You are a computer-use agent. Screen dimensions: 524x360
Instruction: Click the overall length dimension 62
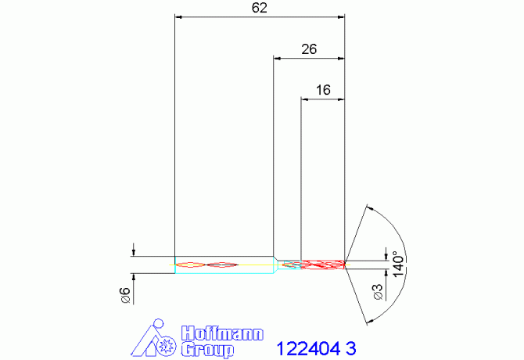(260, 8)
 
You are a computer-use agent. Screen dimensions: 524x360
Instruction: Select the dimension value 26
(309, 49)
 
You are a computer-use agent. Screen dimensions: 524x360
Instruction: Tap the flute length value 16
(323, 90)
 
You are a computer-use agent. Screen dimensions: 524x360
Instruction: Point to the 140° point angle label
(398, 264)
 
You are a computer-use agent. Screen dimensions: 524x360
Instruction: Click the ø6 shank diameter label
(125, 295)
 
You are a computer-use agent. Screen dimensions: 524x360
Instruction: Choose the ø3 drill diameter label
(378, 292)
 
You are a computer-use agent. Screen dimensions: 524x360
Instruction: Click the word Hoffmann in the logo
(222, 333)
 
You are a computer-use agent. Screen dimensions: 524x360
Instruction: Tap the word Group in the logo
(207, 349)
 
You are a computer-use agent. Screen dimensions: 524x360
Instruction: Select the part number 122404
(308, 348)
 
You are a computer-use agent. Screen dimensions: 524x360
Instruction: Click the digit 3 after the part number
(351, 348)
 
